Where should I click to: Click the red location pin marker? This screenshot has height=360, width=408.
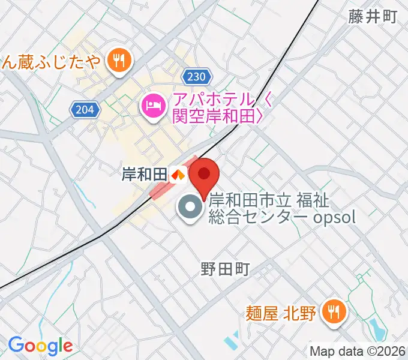pyautogui.click(x=204, y=175)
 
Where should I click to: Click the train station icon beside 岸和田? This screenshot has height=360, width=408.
pyautogui.click(x=177, y=175)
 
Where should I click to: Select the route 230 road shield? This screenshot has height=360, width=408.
pyautogui.click(x=197, y=77)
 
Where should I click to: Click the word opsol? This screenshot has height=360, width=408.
pyautogui.click(x=335, y=217)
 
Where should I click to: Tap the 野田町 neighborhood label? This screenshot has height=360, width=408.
pyautogui.click(x=225, y=269)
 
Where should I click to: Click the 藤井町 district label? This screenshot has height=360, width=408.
pyautogui.click(x=372, y=17)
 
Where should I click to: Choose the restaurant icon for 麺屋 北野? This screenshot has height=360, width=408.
pyautogui.click(x=331, y=312)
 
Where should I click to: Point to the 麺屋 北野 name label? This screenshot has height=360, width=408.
pyautogui.click(x=280, y=313)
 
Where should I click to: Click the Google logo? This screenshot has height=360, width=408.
pyautogui.click(x=40, y=345)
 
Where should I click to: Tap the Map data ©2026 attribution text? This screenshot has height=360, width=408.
pyautogui.click(x=358, y=351)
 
